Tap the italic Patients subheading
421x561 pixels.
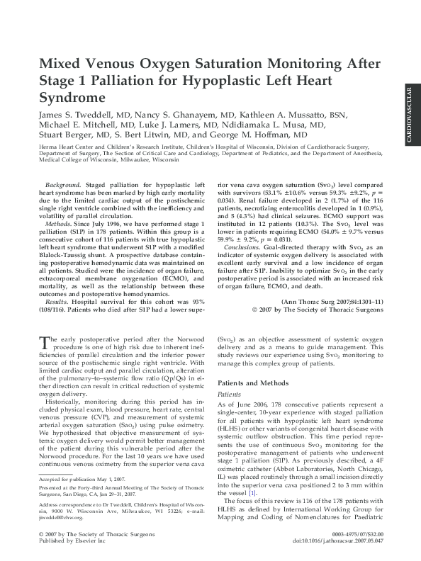click(228, 394)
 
